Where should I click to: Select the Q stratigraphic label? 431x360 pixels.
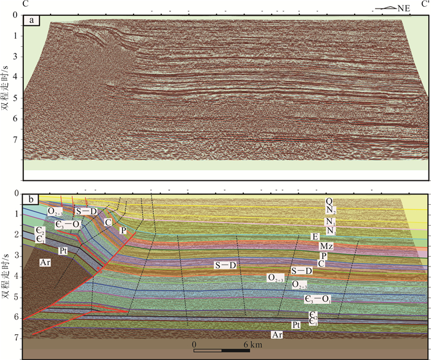coord(330,201)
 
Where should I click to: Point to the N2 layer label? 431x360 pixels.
coord(331,210)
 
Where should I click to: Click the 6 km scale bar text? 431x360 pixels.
coord(252,345)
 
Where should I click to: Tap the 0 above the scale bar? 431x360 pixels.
coord(194,345)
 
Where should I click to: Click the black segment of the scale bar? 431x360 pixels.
coord(237,351)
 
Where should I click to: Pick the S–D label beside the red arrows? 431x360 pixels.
coord(86,211)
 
